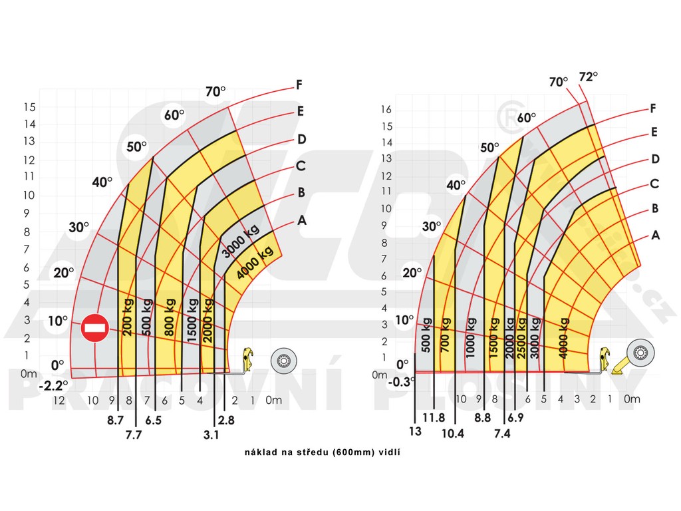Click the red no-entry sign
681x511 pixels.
95,327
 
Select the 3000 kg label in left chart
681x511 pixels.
240,242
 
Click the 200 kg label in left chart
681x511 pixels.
128,318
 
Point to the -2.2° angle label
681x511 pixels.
53,385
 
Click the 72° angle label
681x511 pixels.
589,76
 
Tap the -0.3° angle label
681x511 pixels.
402,381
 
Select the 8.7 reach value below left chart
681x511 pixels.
115,421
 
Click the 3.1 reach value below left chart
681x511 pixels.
211,435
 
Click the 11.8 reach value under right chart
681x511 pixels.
434,418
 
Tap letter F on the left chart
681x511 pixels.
299,85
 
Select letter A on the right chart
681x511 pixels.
656,235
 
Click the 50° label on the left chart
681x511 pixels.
136,147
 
